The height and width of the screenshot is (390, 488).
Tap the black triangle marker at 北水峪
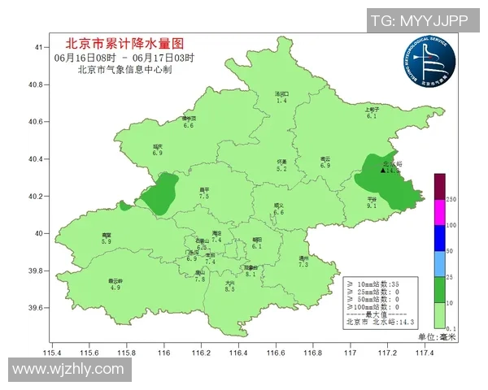[x=383, y=171]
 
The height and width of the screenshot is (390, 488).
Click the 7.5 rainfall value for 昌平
[x=204, y=197]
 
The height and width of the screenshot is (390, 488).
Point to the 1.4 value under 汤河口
[x=282, y=100]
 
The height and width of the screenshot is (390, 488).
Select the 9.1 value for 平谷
[x=372, y=206]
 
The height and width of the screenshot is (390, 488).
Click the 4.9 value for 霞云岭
[x=115, y=288]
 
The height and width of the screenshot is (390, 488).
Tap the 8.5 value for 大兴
[x=229, y=288]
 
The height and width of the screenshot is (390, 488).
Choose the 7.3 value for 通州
[x=303, y=264]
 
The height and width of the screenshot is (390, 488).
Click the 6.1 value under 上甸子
[x=372, y=116]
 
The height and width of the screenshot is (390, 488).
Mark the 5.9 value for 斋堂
[x=106, y=241]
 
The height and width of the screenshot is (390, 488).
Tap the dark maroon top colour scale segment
[x=439, y=186]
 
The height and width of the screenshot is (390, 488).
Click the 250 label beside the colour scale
[x=452, y=199]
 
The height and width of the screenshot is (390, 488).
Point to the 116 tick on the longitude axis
[x=163, y=352]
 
